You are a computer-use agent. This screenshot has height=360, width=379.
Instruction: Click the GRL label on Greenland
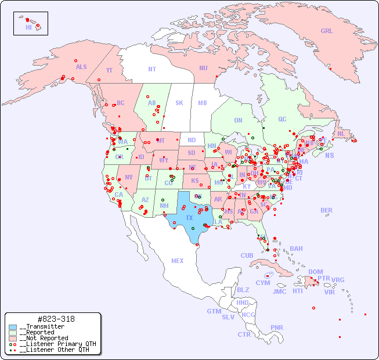click(x=327, y=31)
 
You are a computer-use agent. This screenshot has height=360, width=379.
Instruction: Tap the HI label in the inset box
click(x=28, y=27)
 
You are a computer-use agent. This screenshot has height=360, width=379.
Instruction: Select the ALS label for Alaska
click(x=81, y=67)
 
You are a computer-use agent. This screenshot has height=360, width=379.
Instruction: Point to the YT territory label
click(x=109, y=70)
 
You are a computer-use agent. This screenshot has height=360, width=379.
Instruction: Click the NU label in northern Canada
click(x=203, y=68)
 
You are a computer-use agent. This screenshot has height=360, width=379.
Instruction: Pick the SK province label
click(x=179, y=103)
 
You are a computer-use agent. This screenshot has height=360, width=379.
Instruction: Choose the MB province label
click(x=203, y=103)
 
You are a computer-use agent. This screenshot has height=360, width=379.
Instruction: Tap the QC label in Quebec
click(x=282, y=119)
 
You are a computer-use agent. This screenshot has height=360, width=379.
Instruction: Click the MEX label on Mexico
click(x=178, y=261)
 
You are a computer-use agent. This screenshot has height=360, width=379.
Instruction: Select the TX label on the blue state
click(x=189, y=218)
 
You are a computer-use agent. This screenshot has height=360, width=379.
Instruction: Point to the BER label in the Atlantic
click(x=326, y=210)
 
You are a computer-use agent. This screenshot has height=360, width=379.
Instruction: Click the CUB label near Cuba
click(x=247, y=255)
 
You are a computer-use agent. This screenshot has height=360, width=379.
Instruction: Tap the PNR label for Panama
click(x=277, y=327)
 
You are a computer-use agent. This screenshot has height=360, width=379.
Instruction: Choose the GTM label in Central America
click(x=214, y=311)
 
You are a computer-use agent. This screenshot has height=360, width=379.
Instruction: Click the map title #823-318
click(x=55, y=319)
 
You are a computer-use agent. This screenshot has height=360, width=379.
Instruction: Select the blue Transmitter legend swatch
click(x=13, y=327)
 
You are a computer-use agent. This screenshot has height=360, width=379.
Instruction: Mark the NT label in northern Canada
click(x=152, y=69)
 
